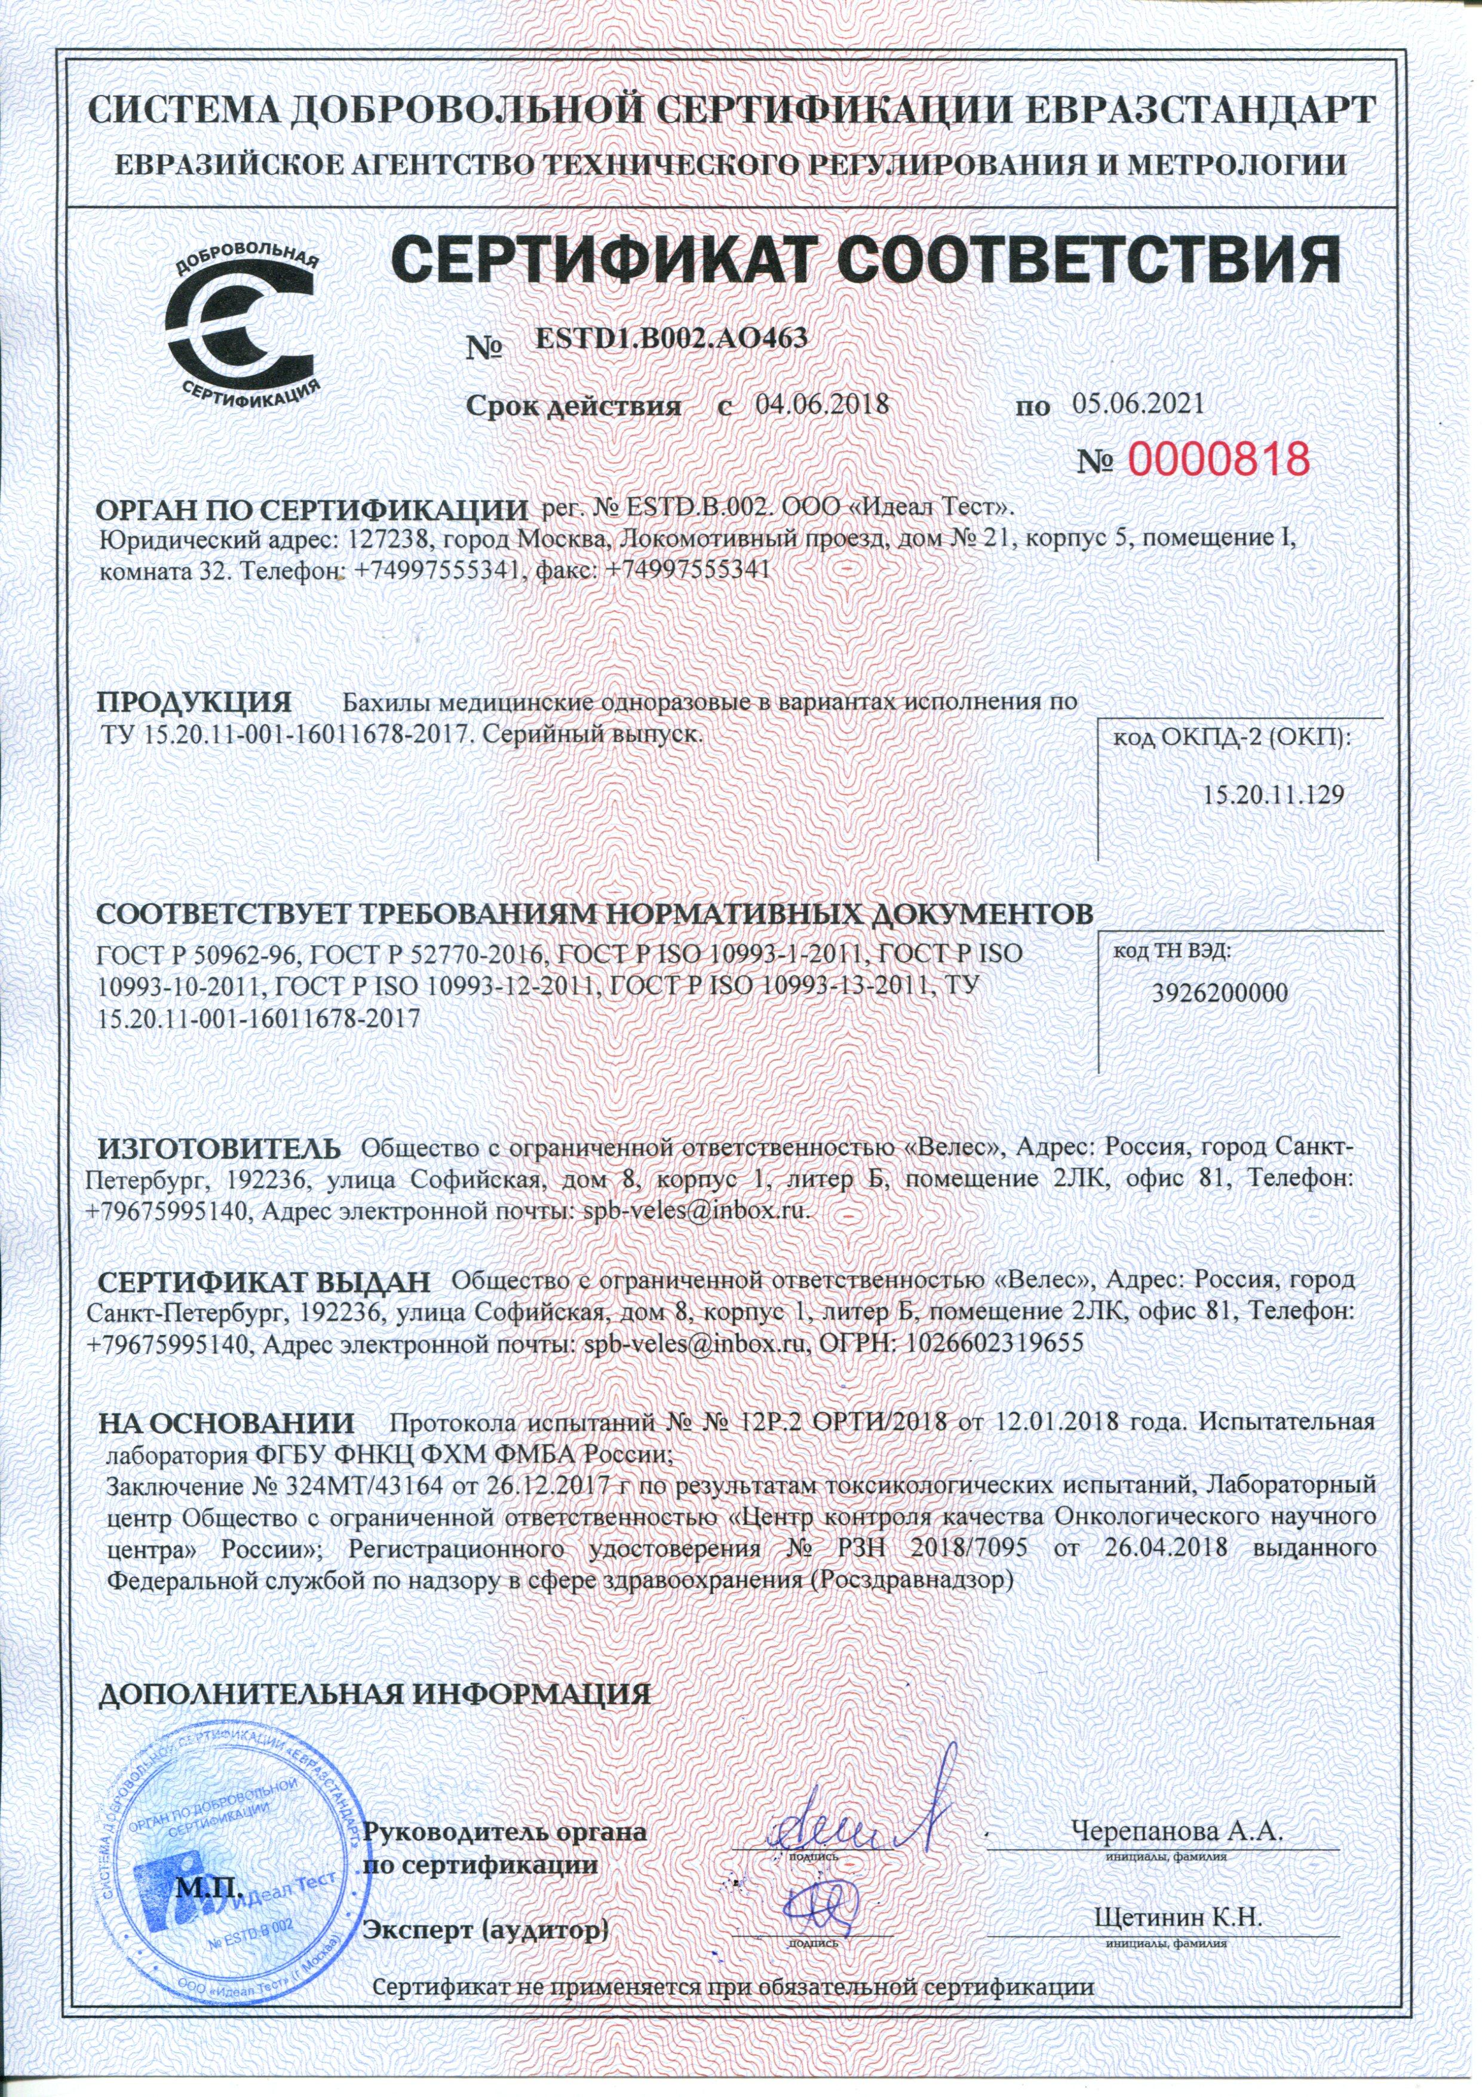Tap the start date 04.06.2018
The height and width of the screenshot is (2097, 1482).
click(823, 405)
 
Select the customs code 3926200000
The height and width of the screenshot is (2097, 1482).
click(1219, 994)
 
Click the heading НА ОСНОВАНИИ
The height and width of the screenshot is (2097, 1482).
click(226, 1423)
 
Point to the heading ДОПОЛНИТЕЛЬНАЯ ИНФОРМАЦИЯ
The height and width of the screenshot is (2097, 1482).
click(375, 1694)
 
